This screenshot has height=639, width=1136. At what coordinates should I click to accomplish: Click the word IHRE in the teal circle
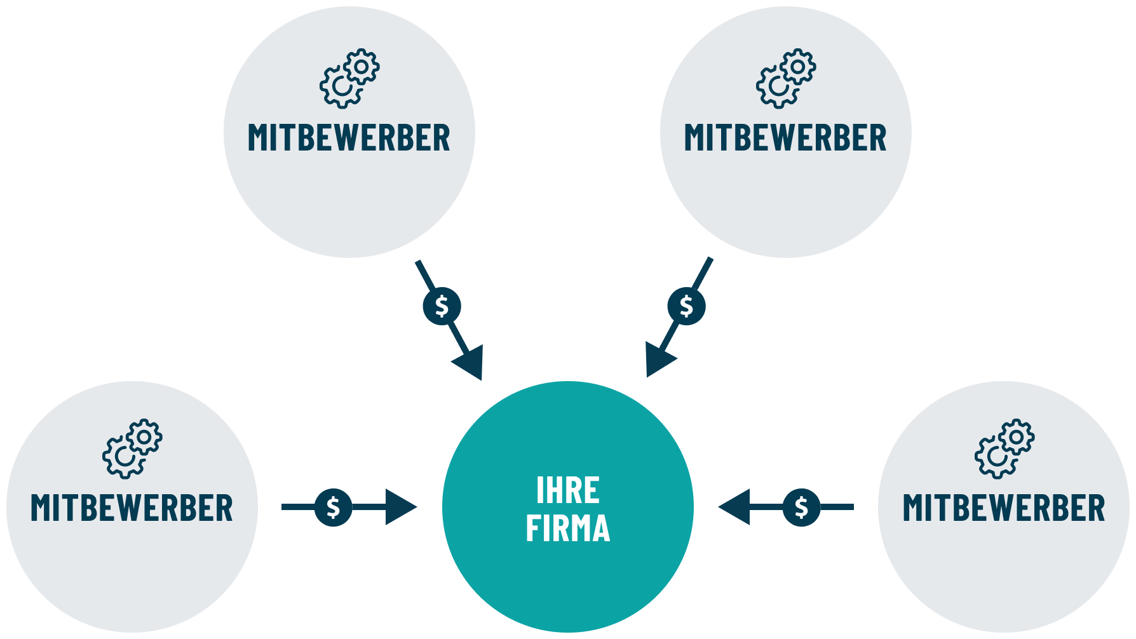(x=567, y=490)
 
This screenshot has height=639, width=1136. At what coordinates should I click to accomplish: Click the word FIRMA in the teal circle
(x=567, y=528)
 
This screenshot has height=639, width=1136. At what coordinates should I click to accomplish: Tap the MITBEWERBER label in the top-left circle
(x=349, y=138)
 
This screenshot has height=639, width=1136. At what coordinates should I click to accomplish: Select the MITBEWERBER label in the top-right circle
(x=785, y=138)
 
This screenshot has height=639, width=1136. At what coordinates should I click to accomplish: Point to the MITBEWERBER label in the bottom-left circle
(x=132, y=508)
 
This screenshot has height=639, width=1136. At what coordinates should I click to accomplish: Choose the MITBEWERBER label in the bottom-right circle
(x=1004, y=508)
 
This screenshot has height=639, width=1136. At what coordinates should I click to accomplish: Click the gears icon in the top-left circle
(x=349, y=78)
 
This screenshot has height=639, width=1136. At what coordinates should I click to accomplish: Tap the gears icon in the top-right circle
(x=785, y=78)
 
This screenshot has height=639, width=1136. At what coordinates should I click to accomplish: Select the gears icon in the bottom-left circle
(x=132, y=448)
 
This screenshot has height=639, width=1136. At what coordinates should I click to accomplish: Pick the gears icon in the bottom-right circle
(x=1004, y=448)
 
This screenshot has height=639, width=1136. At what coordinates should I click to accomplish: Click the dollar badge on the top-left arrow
(x=442, y=307)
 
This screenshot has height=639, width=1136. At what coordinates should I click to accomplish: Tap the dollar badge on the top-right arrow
(x=686, y=307)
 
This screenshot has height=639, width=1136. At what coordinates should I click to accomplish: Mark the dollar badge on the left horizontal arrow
(x=333, y=507)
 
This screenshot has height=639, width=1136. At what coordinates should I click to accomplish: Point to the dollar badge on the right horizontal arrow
(x=801, y=507)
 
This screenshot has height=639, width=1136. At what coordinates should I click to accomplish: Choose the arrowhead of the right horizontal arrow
(x=736, y=507)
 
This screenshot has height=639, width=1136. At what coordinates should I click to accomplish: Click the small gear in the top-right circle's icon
(x=798, y=66)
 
